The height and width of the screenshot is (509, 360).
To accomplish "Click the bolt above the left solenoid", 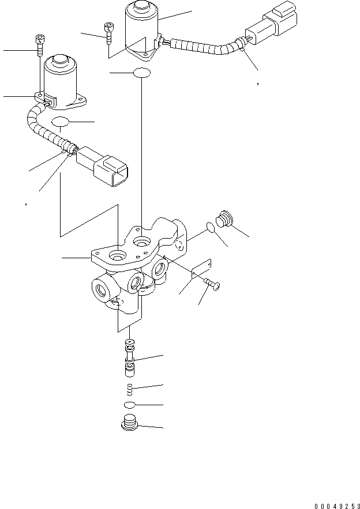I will (x=40, y=44).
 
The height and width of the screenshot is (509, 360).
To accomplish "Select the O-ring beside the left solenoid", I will (x=62, y=122).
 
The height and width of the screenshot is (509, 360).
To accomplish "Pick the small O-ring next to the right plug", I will (x=211, y=228).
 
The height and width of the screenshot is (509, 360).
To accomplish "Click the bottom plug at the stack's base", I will (x=130, y=425).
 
